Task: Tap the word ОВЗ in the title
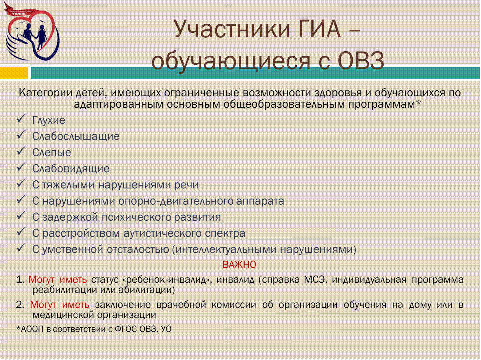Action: pyautogui.click(x=361, y=60)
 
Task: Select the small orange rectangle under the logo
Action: pyautogui.click(x=14, y=73)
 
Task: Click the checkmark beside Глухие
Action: pyautogui.click(x=21, y=119)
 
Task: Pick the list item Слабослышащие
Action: pyautogui.click(x=76, y=136)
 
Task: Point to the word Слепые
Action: pyautogui.click(x=52, y=152)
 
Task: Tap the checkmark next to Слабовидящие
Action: pyautogui.click(x=21, y=167)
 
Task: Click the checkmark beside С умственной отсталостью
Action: pyautogui.click(x=21, y=248)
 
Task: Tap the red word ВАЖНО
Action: pyautogui.click(x=239, y=264)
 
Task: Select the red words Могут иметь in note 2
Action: pyautogui.click(x=60, y=305)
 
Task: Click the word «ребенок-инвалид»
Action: pyautogui.click(x=167, y=280)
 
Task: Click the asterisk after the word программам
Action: pyautogui.click(x=418, y=103)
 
